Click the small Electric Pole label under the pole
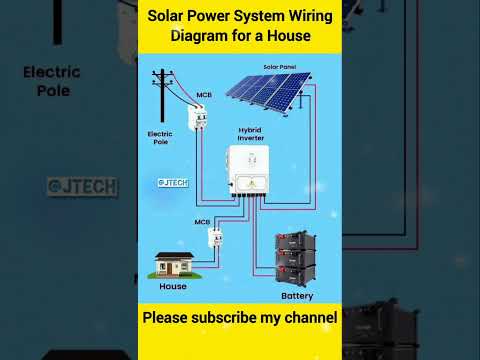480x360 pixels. click(160, 137)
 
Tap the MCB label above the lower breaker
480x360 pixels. click(202, 222)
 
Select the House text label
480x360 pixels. click(173, 286)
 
